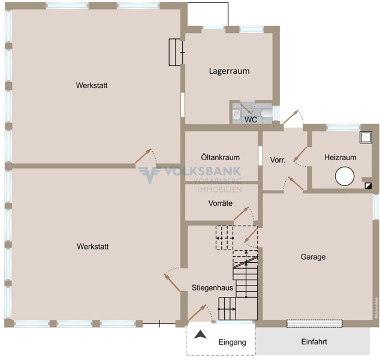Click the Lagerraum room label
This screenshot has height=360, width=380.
tap(229, 71)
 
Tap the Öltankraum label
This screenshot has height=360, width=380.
tap(221, 157)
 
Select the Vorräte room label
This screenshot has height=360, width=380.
tap(221, 203)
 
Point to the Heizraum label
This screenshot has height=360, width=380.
tap(340, 157)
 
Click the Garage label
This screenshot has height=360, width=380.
tap(313, 257)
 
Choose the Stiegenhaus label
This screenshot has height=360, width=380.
tap(212, 288)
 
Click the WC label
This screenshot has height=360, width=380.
tap(251, 119)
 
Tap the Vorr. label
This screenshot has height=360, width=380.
tap(278, 160)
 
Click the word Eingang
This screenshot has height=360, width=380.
tap(232, 343)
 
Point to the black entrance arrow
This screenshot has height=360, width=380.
tap(201, 337)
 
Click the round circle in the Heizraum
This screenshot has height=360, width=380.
tap(345, 176)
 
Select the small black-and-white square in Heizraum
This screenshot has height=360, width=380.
tap(367, 187)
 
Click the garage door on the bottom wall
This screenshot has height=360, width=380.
tap(315, 323)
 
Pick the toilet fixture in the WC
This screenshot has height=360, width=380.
tap(237, 113)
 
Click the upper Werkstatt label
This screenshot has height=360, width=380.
tap(92, 85)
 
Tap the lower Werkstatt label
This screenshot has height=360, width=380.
tap(92, 246)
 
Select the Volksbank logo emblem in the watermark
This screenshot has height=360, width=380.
tap(147, 174)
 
